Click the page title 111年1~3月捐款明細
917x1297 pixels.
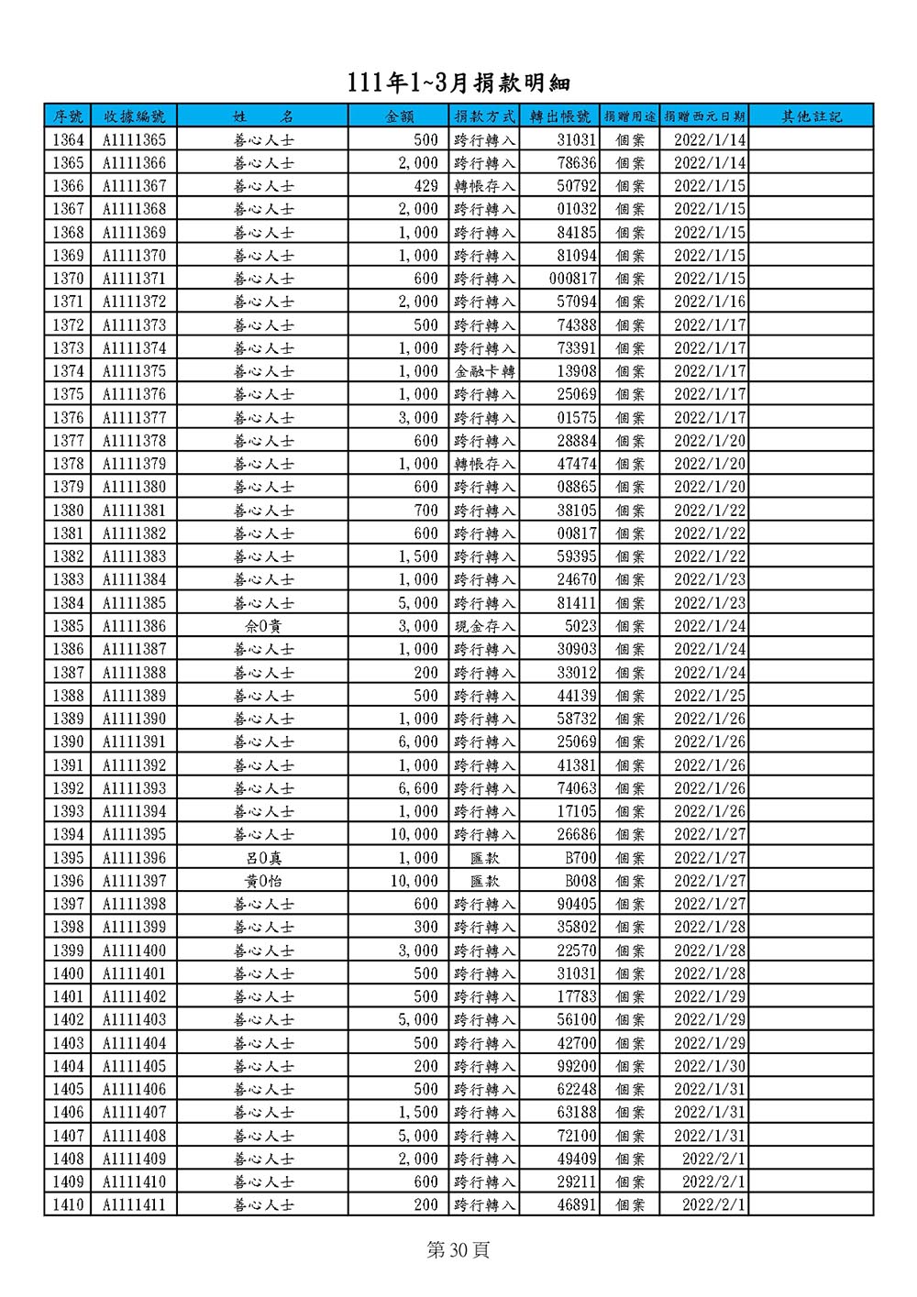(458, 82)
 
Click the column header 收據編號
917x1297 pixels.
(134, 116)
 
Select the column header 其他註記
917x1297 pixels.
(811, 116)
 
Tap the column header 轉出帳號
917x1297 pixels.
(559, 116)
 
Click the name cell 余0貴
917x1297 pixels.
(263, 626)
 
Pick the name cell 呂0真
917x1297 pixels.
(263, 858)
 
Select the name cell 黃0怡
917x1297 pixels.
(263, 881)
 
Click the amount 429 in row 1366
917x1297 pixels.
(425, 186)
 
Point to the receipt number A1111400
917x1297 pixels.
(134, 951)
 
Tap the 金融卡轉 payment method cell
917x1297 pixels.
(484, 371)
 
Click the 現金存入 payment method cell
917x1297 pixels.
(484, 626)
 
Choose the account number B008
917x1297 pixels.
(580, 881)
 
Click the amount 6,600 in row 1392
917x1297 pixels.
(418, 788)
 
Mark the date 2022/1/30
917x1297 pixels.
(710, 1066)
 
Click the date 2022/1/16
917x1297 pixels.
(710, 302)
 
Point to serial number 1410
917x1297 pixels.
(68, 1204)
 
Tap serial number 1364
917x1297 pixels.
(68, 140)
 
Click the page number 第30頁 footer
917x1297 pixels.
(458, 1250)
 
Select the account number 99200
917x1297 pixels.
(577, 1066)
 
